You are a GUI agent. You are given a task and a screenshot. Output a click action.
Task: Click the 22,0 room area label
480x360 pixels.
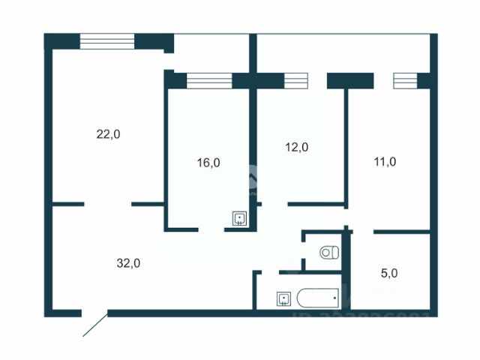108,134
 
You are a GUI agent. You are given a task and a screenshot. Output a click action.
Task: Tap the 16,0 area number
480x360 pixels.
208,162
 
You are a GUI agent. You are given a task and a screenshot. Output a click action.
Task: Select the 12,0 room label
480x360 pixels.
297,148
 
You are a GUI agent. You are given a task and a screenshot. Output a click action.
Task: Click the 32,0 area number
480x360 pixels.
128,262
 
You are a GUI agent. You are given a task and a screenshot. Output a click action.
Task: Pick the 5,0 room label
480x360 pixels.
389,273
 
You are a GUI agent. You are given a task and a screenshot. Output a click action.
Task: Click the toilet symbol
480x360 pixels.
328,253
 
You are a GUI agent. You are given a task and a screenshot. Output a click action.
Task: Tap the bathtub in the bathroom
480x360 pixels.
318,298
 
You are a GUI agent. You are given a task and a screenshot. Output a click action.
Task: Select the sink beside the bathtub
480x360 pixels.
283,298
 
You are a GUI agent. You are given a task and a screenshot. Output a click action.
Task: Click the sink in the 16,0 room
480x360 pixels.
239,218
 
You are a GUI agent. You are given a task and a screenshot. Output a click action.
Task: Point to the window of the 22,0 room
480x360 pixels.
106,41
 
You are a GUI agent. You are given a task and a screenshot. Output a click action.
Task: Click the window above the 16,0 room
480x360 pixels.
209,80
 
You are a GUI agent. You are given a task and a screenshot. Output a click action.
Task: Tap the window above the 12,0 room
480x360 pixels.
295,80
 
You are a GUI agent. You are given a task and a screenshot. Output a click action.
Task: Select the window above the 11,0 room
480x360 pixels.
405,80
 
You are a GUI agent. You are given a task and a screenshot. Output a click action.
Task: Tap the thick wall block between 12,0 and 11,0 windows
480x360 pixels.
350,80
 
